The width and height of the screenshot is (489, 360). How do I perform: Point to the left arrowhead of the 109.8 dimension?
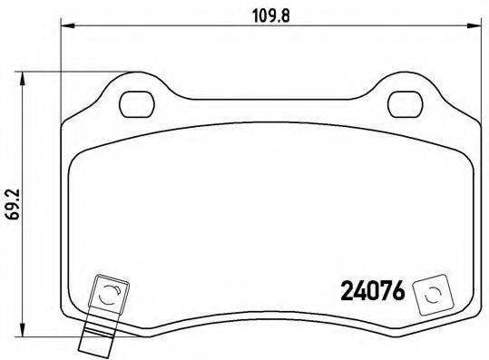point(65,27)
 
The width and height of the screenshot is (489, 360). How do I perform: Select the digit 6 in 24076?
point(398,292)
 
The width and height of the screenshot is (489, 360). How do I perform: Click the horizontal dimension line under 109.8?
point(181,27)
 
